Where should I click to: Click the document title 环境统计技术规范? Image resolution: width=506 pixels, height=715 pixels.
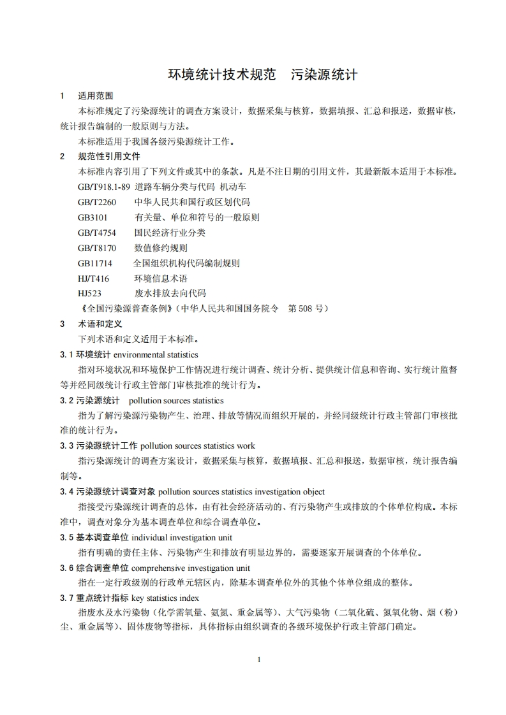pyautogui.click(x=221, y=75)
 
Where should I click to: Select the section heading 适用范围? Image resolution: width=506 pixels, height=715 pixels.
pyautogui.click(x=95, y=96)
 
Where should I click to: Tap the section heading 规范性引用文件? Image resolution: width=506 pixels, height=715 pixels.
pyautogui.click(x=108, y=156)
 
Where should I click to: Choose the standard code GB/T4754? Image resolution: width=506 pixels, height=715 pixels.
pyautogui.click(x=97, y=233)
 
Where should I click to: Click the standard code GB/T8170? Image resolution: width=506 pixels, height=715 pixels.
pyautogui.click(x=97, y=248)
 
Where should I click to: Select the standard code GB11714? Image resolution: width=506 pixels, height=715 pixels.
pyautogui.click(x=95, y=263)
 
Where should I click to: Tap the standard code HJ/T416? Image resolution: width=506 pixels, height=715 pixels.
pyautogui.click(x=93, y=278)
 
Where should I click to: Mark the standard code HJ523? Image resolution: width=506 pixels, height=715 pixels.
pyautogui.click(x=90, y=294)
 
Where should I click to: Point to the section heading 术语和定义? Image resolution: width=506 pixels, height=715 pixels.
pyautogui.click(x=100, y=324)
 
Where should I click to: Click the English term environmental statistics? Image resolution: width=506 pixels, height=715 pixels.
pyautogui.click(x=156, y=354)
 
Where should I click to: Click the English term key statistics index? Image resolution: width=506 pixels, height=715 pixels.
pyautogui.click(x=165, y=598)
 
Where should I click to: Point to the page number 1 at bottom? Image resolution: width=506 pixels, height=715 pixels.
pyautogui.click(x=258, y=660)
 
